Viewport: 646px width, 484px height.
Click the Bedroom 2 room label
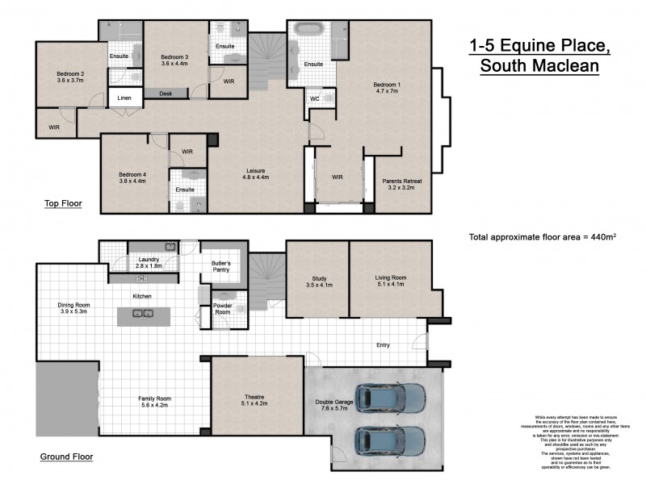[x=70, y=77]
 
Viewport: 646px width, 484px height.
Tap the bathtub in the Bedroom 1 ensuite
[x=308, y=31]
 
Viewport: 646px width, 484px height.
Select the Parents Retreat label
[x=402, y=185]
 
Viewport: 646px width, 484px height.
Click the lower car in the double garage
[x=390, y=440]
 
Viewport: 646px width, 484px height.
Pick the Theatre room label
[x=255, y=399]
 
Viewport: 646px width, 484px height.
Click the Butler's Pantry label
[x=221, y=267]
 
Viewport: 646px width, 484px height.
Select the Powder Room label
[x=222, y=309]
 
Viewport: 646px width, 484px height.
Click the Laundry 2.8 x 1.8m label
[x=145, y=261]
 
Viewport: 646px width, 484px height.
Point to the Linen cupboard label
[x=124, y=98]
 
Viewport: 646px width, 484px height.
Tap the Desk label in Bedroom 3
[x=166, y=94]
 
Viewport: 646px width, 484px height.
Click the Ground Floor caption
[x=66, y=457]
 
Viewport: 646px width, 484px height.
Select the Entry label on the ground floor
[x=383, y=345]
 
